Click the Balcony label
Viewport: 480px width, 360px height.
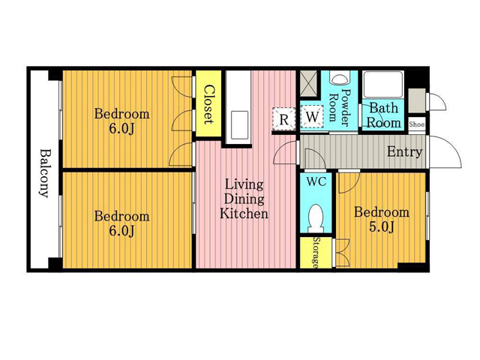44,173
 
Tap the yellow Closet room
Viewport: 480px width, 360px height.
208,103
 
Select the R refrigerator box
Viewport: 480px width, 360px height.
283,119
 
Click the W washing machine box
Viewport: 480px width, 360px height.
312,117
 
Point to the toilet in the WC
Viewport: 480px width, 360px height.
316,217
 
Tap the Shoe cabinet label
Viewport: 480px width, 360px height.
417,124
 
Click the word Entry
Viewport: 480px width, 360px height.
405,151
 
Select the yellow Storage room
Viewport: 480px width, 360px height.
316,253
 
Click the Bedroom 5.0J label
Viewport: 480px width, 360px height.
382,220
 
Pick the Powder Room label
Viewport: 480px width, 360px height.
339,107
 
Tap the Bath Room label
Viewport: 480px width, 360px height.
383,115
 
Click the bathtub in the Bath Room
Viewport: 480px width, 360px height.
383,85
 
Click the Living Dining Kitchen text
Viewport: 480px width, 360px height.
244,199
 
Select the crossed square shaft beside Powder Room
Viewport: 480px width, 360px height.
309,83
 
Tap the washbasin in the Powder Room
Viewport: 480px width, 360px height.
339,78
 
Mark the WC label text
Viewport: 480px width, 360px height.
316,181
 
